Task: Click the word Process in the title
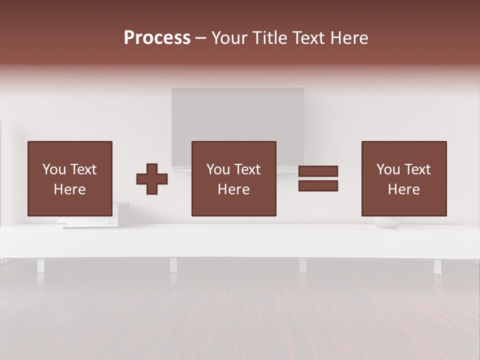(157, 38)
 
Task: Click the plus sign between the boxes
(152, 179)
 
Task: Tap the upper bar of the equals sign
(318, 171)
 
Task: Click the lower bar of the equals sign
(318, 186)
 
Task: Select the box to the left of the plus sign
(69, 178)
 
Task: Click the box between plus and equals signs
(233, 178)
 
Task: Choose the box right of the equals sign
(403, 178)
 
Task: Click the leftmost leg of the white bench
(40, 265)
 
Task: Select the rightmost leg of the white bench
(437, 266)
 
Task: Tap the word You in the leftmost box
(53, 169)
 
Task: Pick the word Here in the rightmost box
(403, 189)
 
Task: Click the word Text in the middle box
(246, 169)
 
